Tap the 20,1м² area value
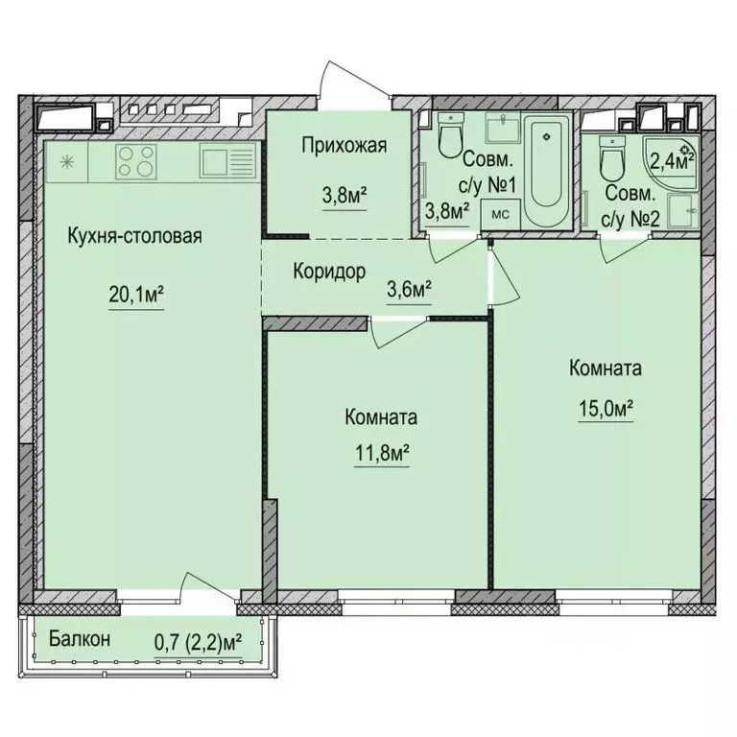point(134,298)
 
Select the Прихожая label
point(344,146)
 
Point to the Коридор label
point(329,272)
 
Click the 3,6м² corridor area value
point(407,286)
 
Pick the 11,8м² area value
point(377,450)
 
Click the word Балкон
point(81,639)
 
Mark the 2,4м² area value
point(668,158)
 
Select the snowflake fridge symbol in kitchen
point(67,160)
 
